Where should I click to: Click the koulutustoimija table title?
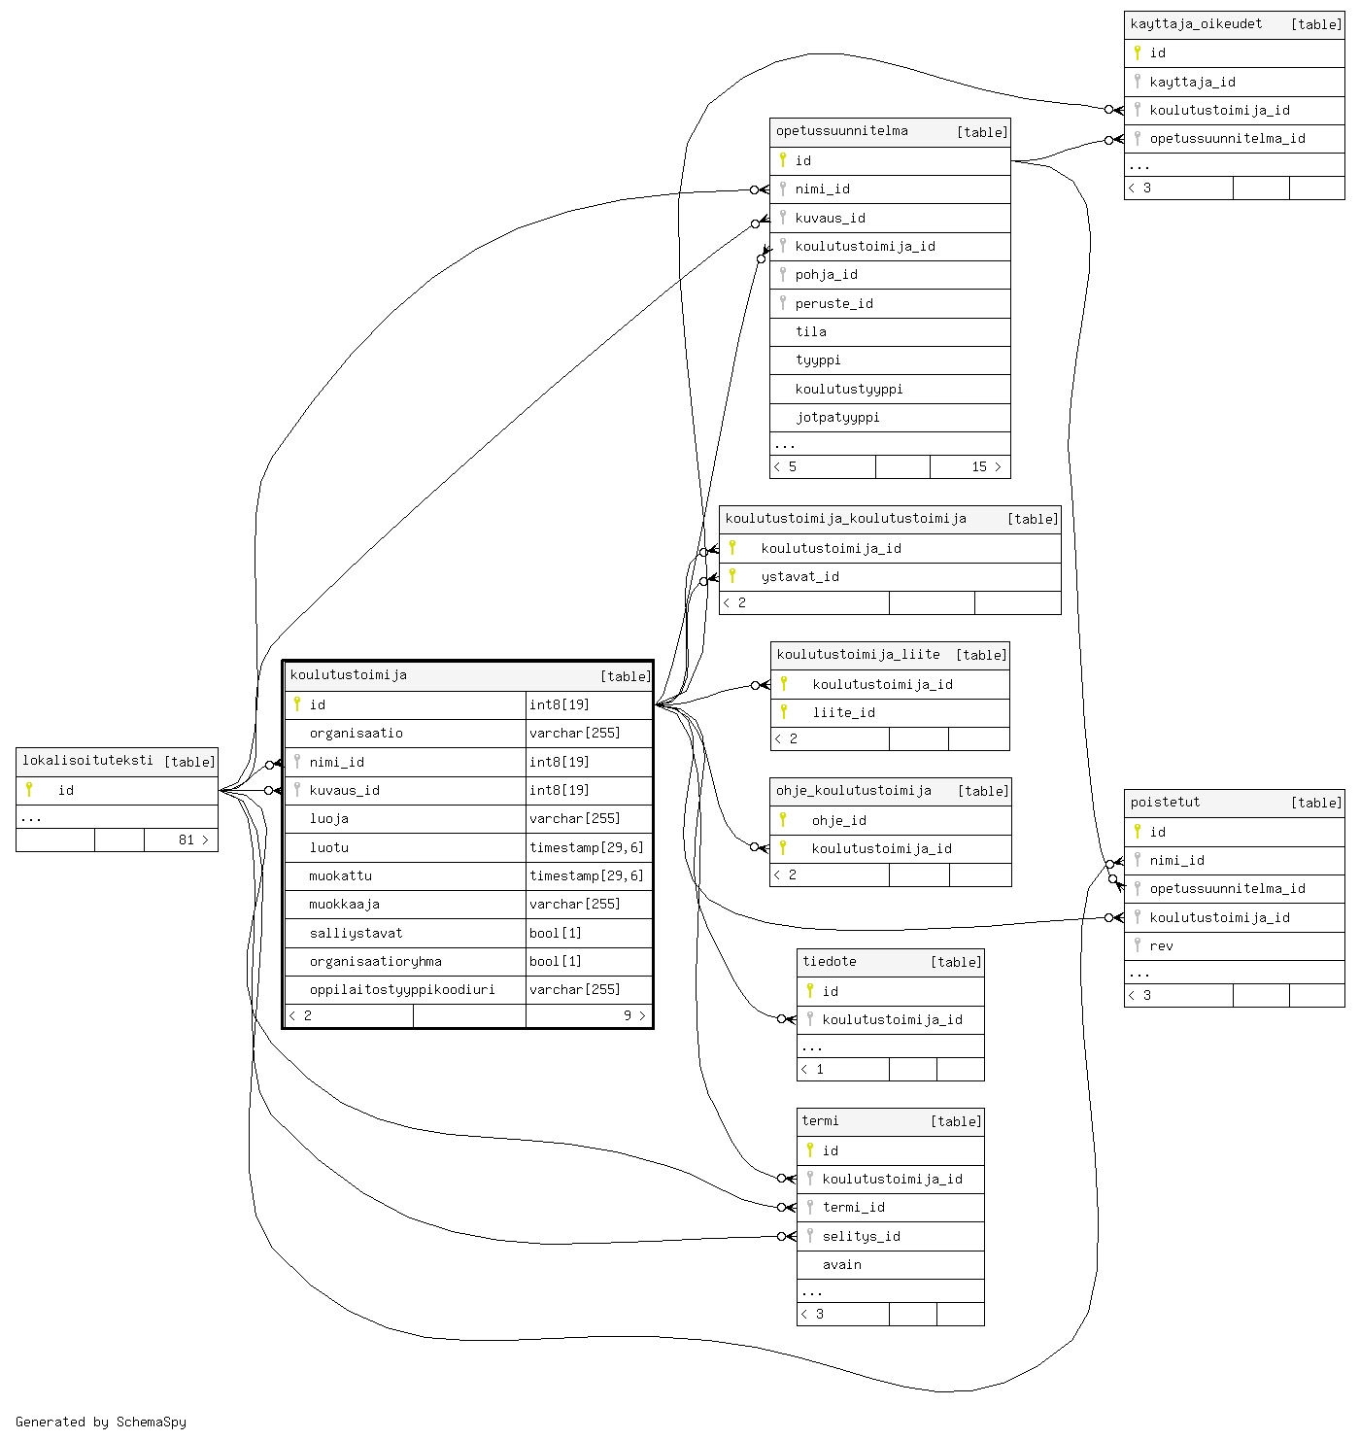(x=349, y=675)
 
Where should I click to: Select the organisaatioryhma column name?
(x=375, y=962)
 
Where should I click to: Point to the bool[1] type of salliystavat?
(x=556, y=934)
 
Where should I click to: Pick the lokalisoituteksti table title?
(x=87, y=761)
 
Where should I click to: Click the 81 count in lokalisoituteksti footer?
(x=187, y=840)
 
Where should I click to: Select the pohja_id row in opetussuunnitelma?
(x=826, y=275)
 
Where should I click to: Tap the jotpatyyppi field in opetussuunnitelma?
(x=837, y=418)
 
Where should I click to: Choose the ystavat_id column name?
(x=799, y=577)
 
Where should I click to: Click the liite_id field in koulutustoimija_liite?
(x=843, y=713)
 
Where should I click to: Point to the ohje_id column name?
(x=838, y=821)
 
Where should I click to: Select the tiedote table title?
(x=830, y=962)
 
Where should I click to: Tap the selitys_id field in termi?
(x=861, y=1237)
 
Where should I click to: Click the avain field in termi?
(x=841, y=1265)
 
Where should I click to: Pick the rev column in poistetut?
(x=1161, y=946)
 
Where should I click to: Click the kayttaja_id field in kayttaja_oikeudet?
(x=1192, y=83)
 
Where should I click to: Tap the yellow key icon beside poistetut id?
(x=1137, y=832)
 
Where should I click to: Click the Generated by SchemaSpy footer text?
(x=101, y=1423)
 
